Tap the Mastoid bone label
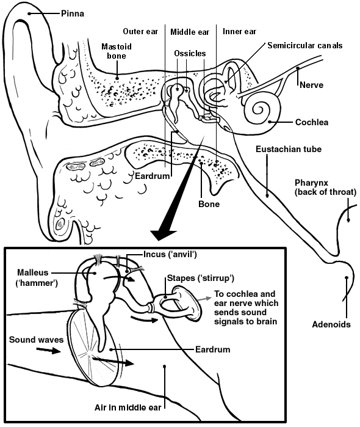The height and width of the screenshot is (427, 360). pos(117,51)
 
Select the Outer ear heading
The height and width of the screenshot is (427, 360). pos(141,31)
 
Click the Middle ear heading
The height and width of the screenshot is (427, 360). pos(189,31)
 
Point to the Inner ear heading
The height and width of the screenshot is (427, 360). pos(239,31)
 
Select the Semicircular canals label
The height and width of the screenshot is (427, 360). pos(304,46)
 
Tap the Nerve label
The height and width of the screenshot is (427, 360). pos(311,85)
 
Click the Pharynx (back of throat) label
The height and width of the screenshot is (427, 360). pos(325,188)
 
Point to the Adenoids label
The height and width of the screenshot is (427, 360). pos(331,324)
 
